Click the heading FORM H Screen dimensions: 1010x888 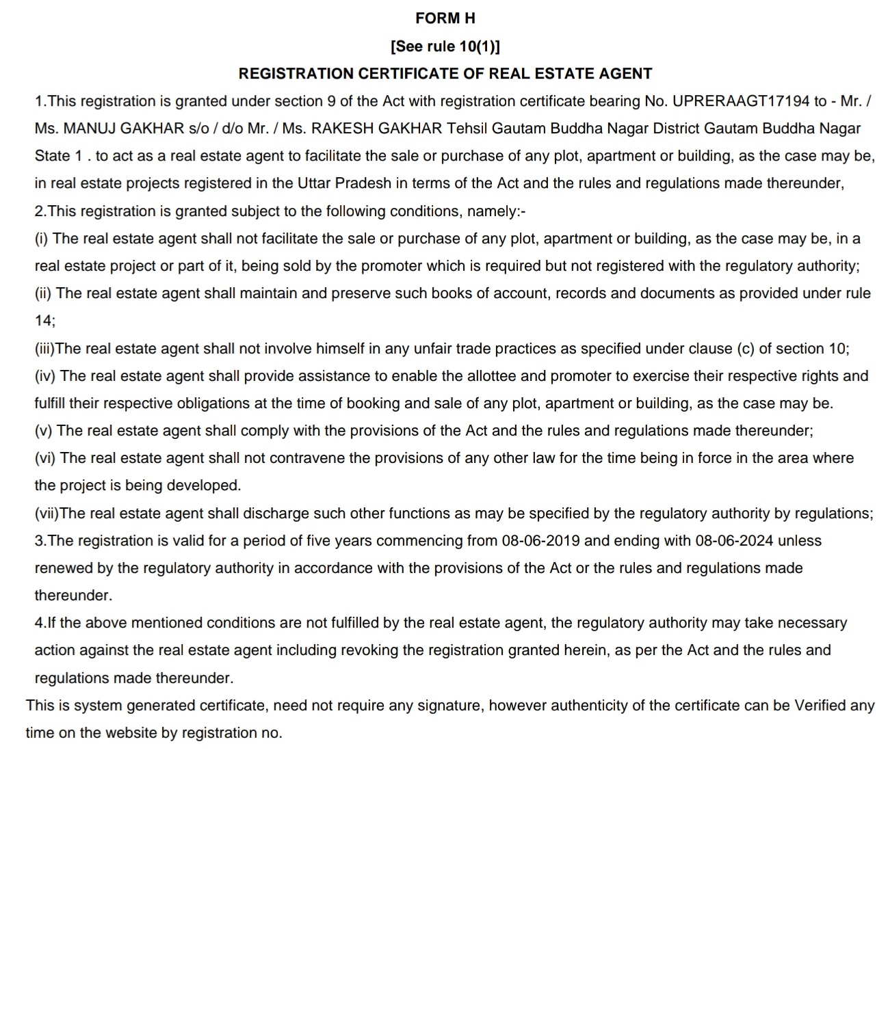point(445,18)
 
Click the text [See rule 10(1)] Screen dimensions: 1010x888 point(445,46)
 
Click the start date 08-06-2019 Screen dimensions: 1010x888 point(540,541)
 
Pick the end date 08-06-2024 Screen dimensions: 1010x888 point(734,541)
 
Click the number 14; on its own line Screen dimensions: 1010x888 point(45,321)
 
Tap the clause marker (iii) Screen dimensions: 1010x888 point(44,349)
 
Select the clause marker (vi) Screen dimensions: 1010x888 point(46,458)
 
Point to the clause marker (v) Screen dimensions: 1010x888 point(44,431)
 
